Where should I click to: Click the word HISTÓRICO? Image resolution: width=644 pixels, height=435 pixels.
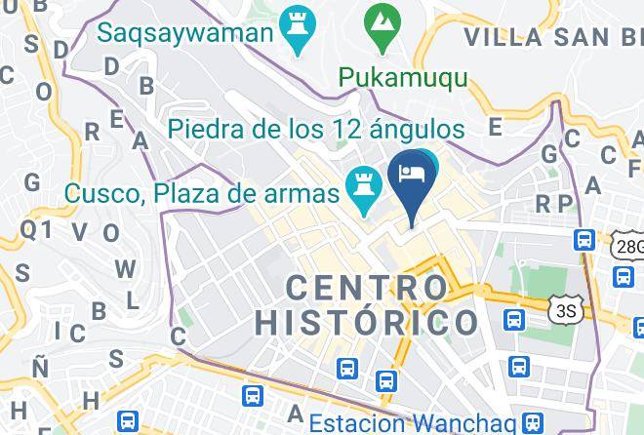(x=367, y=322)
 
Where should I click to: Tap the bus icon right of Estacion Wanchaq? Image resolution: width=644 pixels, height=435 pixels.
(x=533, y=422)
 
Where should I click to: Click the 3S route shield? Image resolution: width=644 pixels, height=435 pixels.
(x=565, y=310)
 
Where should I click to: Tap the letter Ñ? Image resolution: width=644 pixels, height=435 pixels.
(x=39, y=368)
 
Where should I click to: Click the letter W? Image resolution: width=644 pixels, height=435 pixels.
(x=125, y=268)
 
